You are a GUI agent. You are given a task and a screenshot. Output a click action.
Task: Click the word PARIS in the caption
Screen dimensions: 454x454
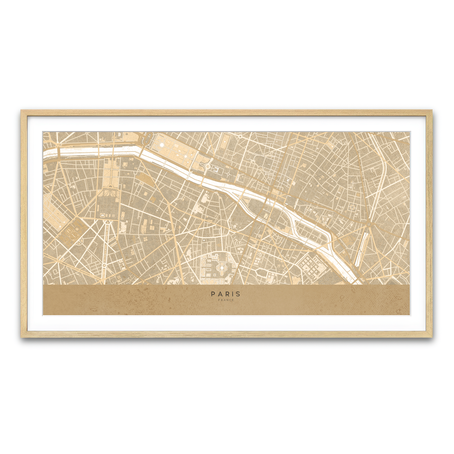click(226, 294)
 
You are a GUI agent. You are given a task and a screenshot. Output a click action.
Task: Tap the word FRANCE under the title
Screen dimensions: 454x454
click(226, 300)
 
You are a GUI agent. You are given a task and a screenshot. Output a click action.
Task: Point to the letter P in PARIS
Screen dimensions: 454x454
click(213, 294)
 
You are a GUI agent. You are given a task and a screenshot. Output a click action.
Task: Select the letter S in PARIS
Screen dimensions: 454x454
click(238, 294)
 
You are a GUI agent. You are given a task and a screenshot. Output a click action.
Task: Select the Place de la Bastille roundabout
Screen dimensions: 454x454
click(368, 225)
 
